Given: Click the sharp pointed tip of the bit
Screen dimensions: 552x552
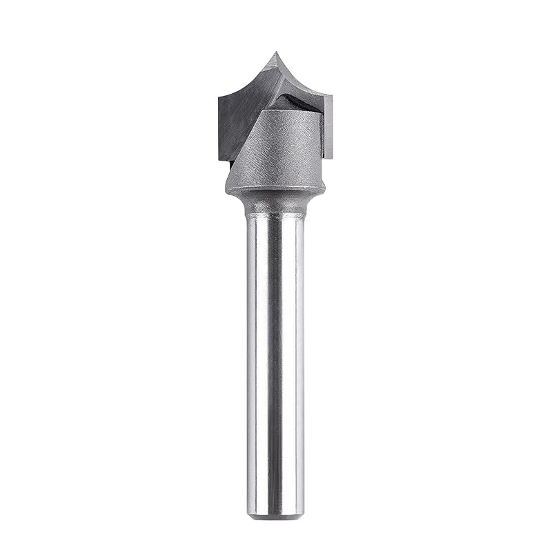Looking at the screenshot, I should coord(275,53).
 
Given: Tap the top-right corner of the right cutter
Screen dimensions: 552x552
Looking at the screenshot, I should coord(332,97).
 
